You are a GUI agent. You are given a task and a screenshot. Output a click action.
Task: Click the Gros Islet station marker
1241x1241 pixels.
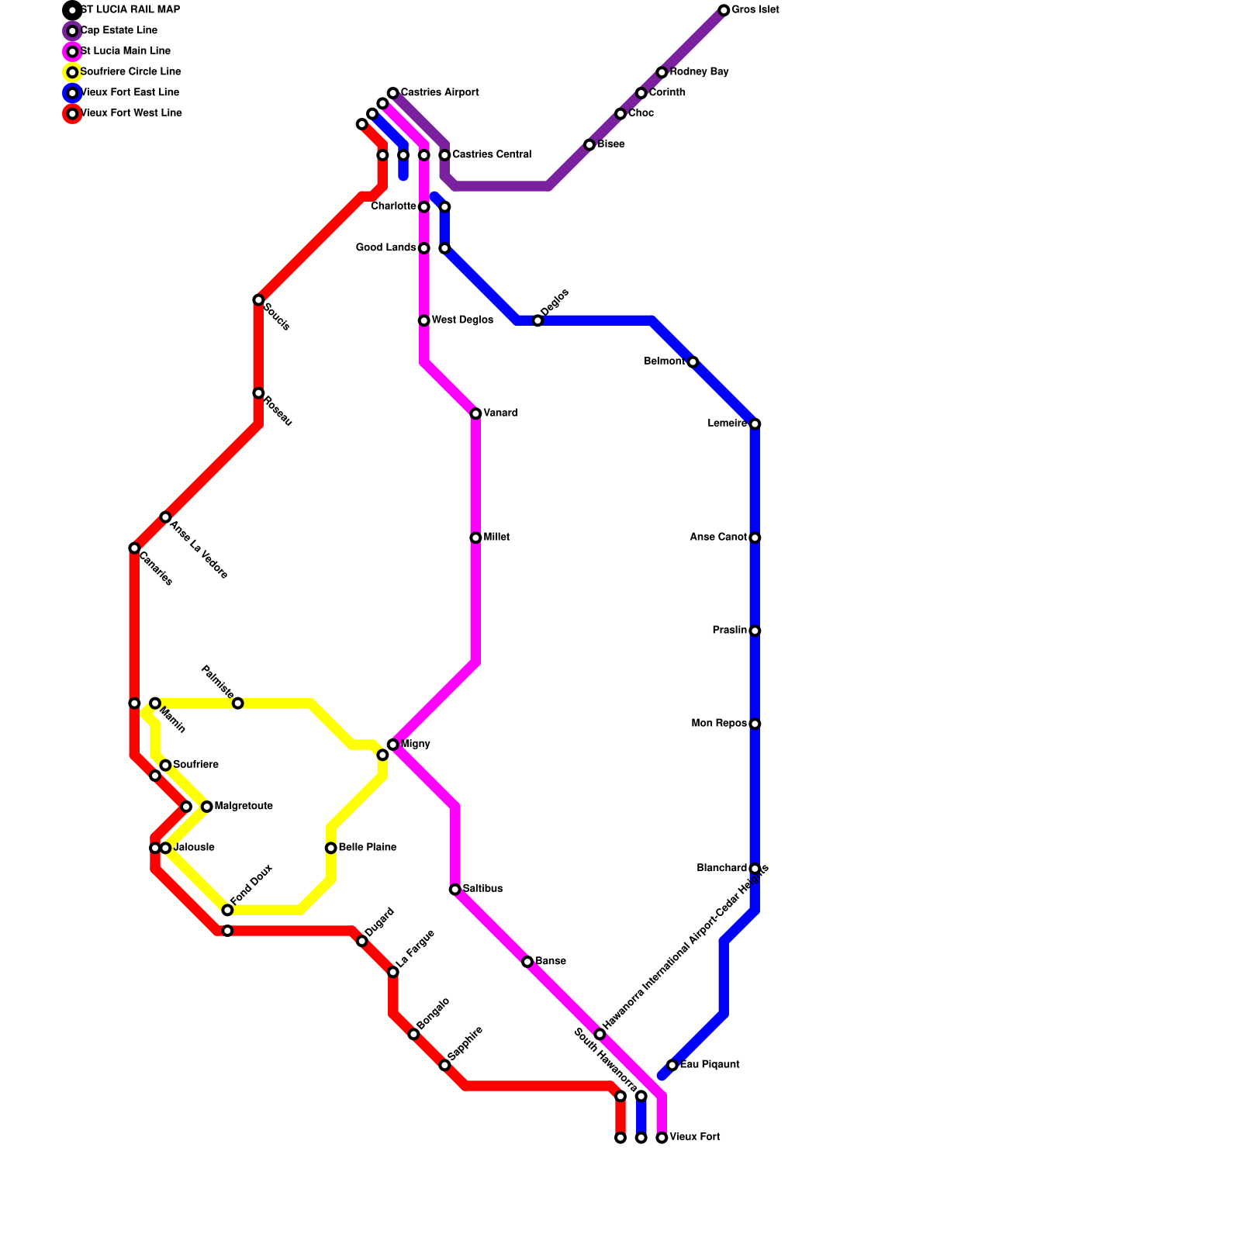pos(724,11)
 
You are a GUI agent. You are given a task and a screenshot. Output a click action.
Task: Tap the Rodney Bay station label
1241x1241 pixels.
pos(699,72)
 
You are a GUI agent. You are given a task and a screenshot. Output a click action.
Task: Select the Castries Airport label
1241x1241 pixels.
pos(439,93)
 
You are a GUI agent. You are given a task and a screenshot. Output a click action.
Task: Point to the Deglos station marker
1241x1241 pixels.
pos(538,321)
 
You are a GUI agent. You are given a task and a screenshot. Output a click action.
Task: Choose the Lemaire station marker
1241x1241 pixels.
pos(755,424)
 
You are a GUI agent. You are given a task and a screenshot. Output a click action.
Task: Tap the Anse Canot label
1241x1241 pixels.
pos(718,538)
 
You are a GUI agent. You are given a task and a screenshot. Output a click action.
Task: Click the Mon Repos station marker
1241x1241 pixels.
pos(755,724)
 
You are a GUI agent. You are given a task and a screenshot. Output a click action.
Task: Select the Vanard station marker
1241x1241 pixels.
pos(475,414)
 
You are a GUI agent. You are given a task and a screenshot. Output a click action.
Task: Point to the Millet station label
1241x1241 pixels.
pos(496,538)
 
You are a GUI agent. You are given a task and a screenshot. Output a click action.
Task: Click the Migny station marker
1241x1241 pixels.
pos(393,745)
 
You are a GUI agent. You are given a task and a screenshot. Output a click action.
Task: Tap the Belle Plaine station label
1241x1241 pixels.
pos(367,848)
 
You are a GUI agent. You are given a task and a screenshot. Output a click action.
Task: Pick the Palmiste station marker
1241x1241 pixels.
pos(238,703)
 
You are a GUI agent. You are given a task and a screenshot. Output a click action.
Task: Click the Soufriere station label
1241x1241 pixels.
pos(195,765)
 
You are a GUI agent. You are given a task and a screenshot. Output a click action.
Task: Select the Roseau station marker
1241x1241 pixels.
pos(258,393)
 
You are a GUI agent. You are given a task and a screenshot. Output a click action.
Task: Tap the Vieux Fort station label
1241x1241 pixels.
pos(694,1137)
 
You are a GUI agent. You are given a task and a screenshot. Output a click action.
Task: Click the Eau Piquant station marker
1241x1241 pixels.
pos(672,1065)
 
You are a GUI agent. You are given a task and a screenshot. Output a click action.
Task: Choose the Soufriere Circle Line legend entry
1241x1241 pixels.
pos(130,72)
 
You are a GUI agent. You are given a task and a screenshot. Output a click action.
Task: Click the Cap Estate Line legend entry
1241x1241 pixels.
pos(119,31)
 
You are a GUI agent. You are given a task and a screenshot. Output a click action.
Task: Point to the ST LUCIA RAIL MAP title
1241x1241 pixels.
pos(130,10)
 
